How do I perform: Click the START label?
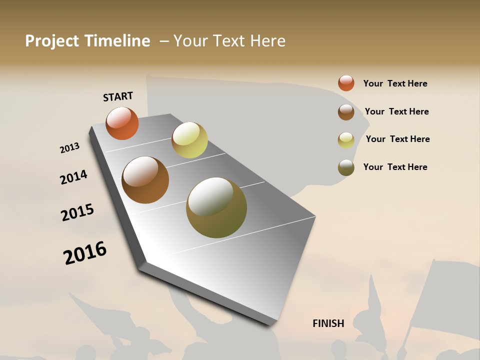click(118, 96)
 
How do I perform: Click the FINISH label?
click(328, 323)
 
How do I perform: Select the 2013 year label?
click(69, 148)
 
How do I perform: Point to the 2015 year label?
click(77, 212)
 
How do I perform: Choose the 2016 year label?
click(85, 253)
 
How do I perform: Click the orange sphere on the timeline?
click(122, 123)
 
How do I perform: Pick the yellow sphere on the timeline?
click(189, 140)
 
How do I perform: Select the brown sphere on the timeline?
click(145, 180)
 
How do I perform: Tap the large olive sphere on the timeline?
click(216, 207)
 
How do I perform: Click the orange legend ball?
click(346, 83)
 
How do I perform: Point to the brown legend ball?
click(346, 112)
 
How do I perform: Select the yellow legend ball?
click(346, 140)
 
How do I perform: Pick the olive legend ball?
click(346, 167)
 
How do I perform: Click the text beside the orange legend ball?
click(395, 83)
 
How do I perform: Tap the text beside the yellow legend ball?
click(397, 139)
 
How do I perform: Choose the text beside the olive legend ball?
click(395, 167)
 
